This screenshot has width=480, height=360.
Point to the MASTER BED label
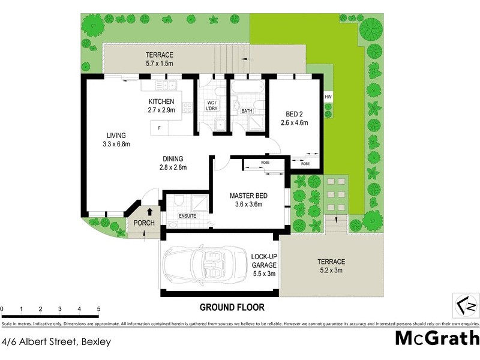click(248, 200)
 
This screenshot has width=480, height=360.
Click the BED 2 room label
click(294, 118)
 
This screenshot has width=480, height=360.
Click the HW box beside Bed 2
click(328, 97)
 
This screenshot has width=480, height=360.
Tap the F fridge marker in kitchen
click(159, 128)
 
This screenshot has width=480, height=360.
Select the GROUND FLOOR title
click(232, 307)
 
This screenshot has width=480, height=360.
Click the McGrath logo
click(437, 337)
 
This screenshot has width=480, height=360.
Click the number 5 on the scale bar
click(98, 310)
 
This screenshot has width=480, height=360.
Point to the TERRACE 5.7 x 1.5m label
click(143, 59)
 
